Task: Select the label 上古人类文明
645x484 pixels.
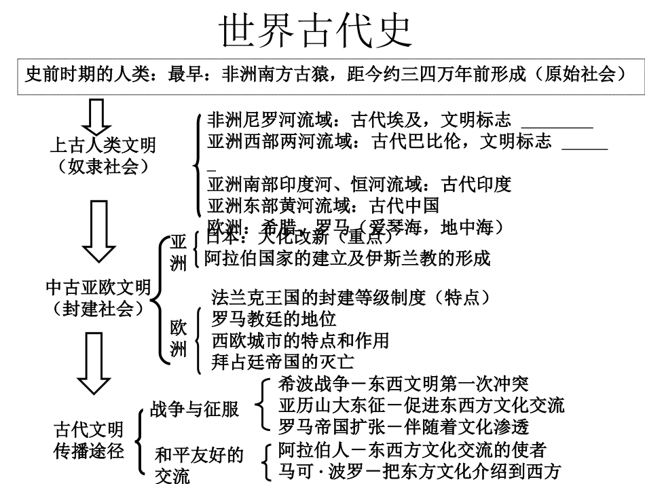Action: (x=103, y=145)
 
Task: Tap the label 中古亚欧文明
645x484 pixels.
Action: (x=98, y=288)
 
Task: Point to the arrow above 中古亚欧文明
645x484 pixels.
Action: (x=96, y=231)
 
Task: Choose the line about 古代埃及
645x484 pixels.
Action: (x=359, y=122)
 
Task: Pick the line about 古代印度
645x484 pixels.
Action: (x=359, y=184)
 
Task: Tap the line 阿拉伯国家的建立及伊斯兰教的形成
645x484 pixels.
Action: (x=347, y=258)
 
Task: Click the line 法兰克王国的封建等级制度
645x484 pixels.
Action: (x=350, y=297)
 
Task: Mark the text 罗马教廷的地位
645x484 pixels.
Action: (x=274, y=318)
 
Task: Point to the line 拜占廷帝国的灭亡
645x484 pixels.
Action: (x=282, y=360)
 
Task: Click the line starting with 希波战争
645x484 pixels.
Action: (x=403, y=384)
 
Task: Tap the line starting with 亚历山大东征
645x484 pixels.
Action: (x=421, y=405)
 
